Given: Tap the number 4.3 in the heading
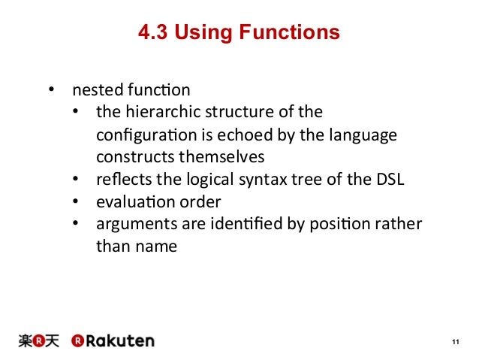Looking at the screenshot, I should pyautogui.click(x=153, y=33).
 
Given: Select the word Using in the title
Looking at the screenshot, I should pyautogui.click(x=202, y=33).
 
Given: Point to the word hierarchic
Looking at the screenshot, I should pyautogui.click(x=153, y=113).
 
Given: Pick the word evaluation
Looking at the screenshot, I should pyautogui.click(x=129, y=201).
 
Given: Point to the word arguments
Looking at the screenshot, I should pyautogui.click(x=129, y=224).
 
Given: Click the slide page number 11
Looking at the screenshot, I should pyautogui.click(x=454, y=343).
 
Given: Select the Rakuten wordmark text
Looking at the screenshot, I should pyautogui.click(x=119, y=340).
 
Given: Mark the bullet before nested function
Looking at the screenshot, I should pyautogui.click(x=52, y=91).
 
